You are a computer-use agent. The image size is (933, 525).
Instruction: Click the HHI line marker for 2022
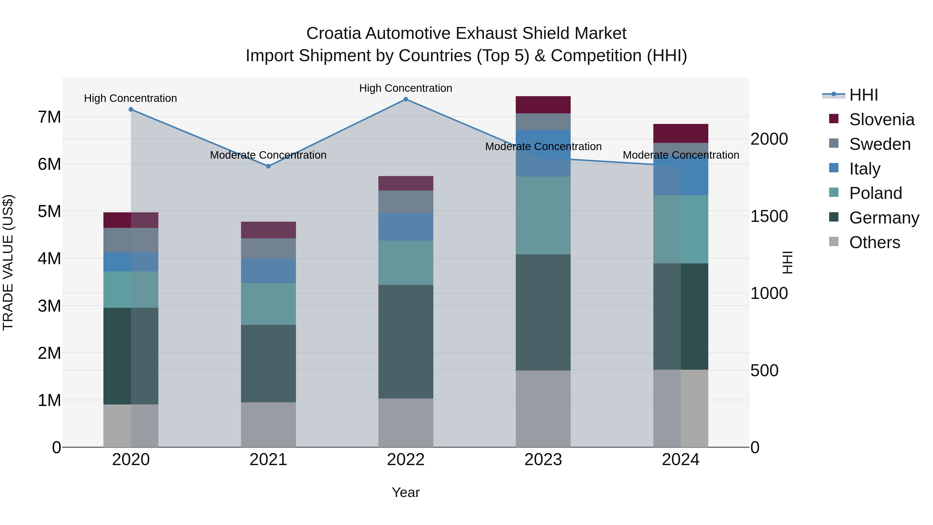[406, 99]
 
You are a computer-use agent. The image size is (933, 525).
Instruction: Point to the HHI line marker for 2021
[268, 166]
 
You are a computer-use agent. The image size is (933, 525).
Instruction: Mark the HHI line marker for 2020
[131, 109]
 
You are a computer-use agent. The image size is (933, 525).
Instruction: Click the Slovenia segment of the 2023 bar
[543, 105]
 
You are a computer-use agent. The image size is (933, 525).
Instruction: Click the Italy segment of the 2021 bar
[268, 271]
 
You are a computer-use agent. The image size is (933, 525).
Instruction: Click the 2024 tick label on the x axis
[680, 460]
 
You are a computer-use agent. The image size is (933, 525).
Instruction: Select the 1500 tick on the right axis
[769, 216]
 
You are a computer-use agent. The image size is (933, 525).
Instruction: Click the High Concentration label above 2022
[406, 88]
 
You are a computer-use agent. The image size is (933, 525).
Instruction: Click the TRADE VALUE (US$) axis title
[8, 262]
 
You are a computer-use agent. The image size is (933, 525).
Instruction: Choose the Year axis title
[406, 492]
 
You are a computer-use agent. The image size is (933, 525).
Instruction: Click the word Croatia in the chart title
[333, 33]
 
